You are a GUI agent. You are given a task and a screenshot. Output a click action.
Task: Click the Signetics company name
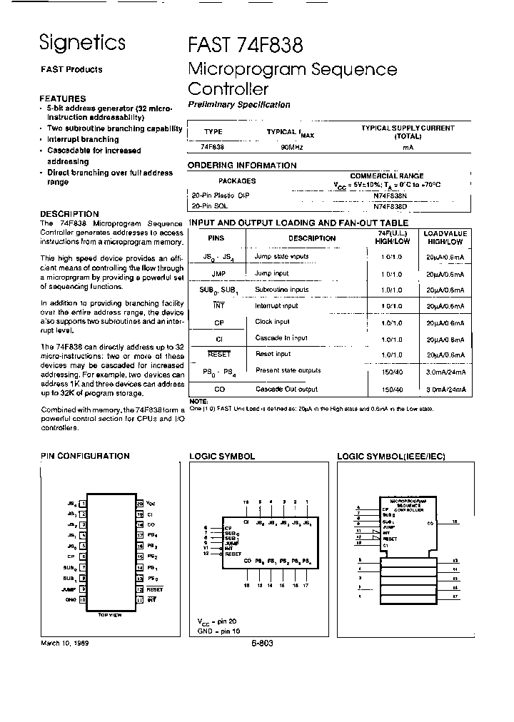(82, 43)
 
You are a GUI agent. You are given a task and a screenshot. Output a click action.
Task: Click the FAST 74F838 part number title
(246, 44)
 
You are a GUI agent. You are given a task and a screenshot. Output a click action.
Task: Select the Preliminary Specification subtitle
(238, 105)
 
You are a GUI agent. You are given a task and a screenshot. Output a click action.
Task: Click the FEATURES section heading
(63, 98)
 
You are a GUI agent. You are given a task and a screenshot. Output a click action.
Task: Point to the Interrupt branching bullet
(83, 140)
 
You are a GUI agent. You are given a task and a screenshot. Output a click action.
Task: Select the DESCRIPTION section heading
(69, 214)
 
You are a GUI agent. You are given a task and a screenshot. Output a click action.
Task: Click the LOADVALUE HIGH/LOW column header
(445, 238)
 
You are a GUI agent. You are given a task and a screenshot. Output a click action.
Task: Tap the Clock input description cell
(272, 322)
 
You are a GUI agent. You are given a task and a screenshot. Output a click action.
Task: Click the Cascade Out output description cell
(286, 389)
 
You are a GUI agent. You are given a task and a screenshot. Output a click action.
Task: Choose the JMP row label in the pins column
(219, 273)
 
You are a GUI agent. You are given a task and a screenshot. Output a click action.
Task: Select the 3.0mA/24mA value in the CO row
(445, 390)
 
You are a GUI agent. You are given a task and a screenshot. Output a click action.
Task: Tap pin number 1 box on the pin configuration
(84, 503)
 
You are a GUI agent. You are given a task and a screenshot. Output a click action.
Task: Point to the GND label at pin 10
(70, 600)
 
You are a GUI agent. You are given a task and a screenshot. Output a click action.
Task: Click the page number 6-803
(262, 644)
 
